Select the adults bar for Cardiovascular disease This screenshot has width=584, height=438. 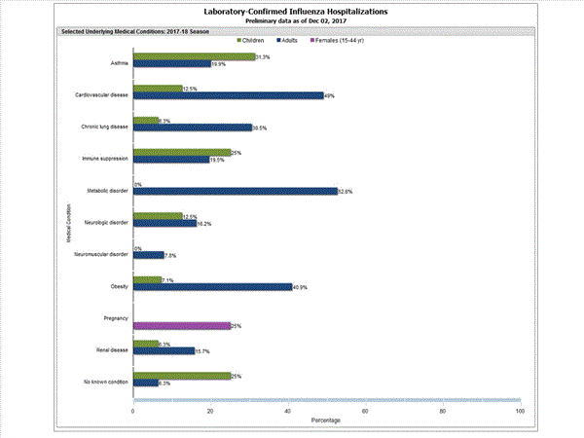[228, 95]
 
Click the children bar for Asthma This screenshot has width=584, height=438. [194, 57]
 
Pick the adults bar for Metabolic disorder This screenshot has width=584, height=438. [235, 191]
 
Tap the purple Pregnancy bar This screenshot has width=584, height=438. [181, 325]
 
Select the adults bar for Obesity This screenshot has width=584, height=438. [212, 286]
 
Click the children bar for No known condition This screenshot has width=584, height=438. [181, 376]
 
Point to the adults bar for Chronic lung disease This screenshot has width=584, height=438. [192, 128]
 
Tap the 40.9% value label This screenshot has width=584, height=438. [301, 287]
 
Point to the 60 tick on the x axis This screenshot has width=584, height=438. [365, 411]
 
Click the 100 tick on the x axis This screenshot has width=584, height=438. [520, 411]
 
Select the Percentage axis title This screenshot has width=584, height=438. [326, 420]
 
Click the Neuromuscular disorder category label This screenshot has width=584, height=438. [101, 254]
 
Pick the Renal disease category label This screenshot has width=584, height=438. [114, 349]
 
